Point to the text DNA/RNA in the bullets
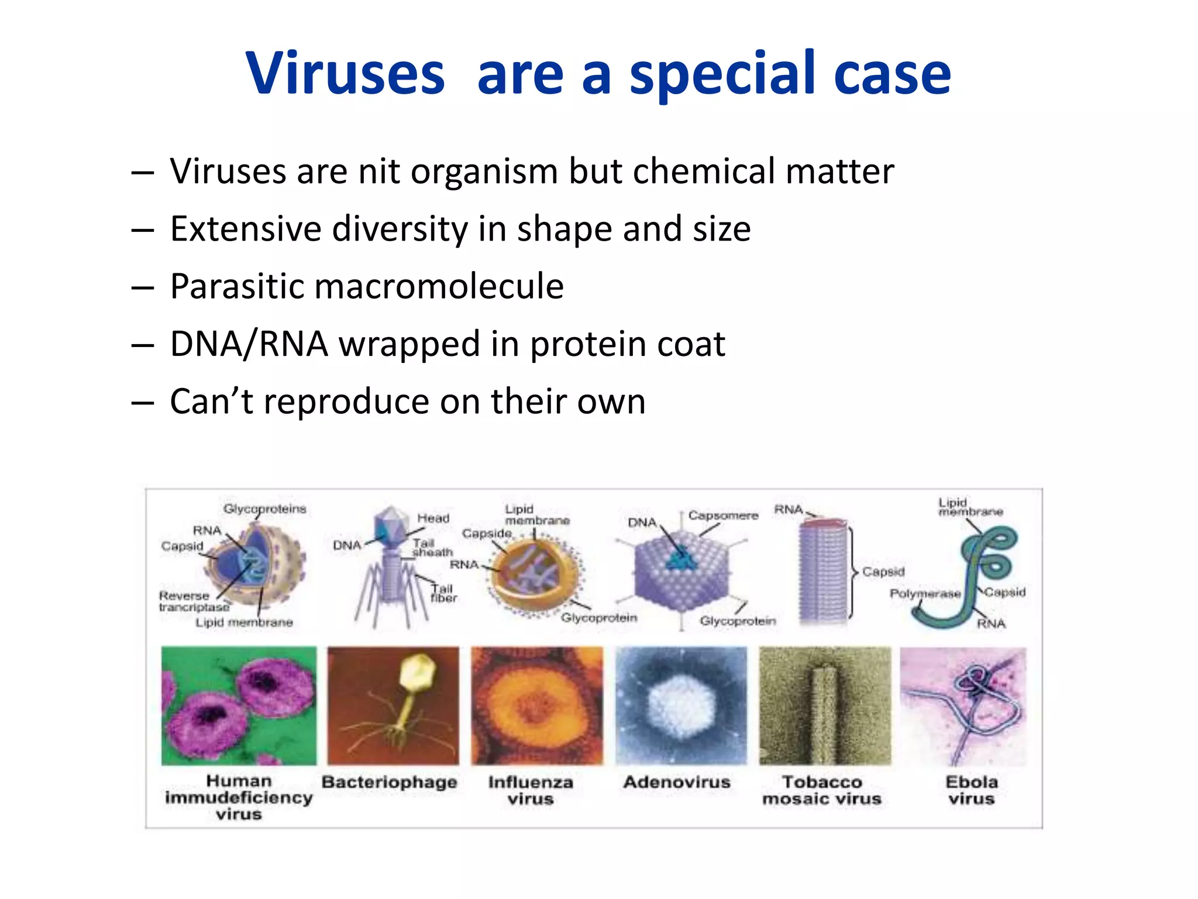[249, 344]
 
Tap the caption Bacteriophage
[390, 782]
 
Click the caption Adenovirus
[677, 782]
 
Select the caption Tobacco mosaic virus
[822, 790]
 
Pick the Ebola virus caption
[972, 790]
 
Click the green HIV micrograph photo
[239, 705]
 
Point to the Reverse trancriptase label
[193, 601]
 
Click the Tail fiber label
[443, 593]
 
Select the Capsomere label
[723, 516]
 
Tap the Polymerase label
[925, 593]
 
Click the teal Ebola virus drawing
[983, 562]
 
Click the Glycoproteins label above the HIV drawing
[264, 509]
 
